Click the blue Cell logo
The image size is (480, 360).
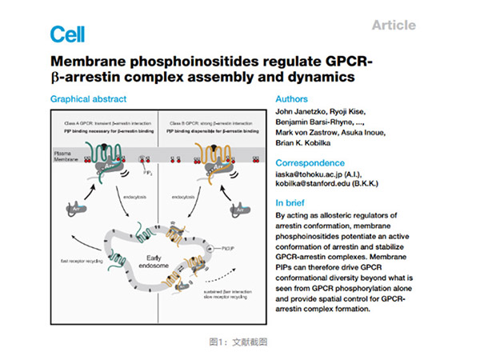67,34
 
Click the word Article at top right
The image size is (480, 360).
394,25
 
